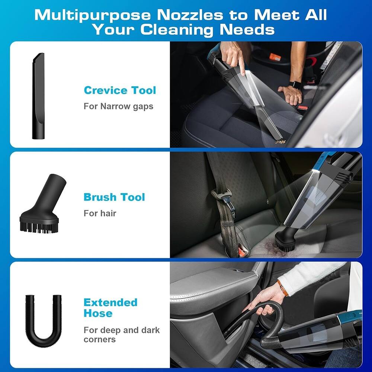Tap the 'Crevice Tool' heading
pyautogui.click(x=120, y=90)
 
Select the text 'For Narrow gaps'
pyautogui.click(x=118, y=106)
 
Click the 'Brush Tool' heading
pyautogui.click(x=114, y=197)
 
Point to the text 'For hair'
pyautogui.click(x=100, y=213)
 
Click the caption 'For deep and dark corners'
pyautogui.click(x=122, y=334)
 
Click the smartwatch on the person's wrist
pyautogui.click(x=296, y=85)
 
